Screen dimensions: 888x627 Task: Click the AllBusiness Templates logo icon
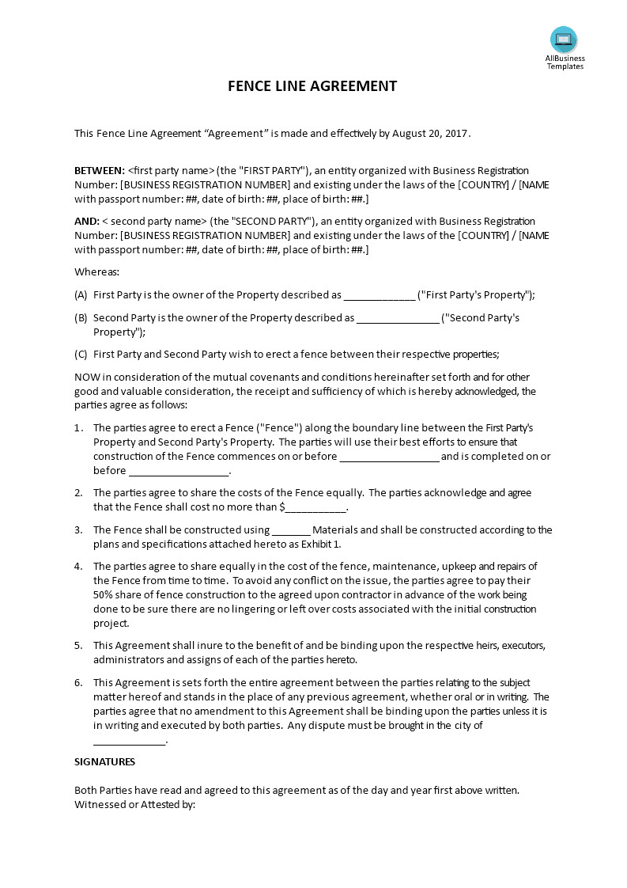[564, 40]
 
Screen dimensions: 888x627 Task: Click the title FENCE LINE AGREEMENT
[312, 85]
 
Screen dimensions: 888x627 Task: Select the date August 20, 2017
[430, 134]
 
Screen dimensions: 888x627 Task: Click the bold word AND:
[87, 222]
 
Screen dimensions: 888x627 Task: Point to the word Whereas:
[97, 272]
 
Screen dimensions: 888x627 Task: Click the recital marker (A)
[81, 295]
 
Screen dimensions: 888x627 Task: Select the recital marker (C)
[81, 355]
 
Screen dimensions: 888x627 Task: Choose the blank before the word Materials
[291, 531]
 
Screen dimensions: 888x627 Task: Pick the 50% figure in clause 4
[104, 595]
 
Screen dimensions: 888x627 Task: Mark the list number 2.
[78, 493]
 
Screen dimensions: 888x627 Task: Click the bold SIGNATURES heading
[104, 762]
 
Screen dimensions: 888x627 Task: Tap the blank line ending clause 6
[130, 741]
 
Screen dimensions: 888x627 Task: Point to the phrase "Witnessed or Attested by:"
[134, 805]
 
